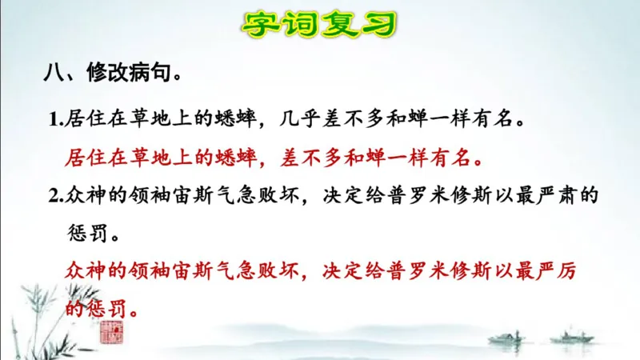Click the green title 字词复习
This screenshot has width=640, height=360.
[319, 25]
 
